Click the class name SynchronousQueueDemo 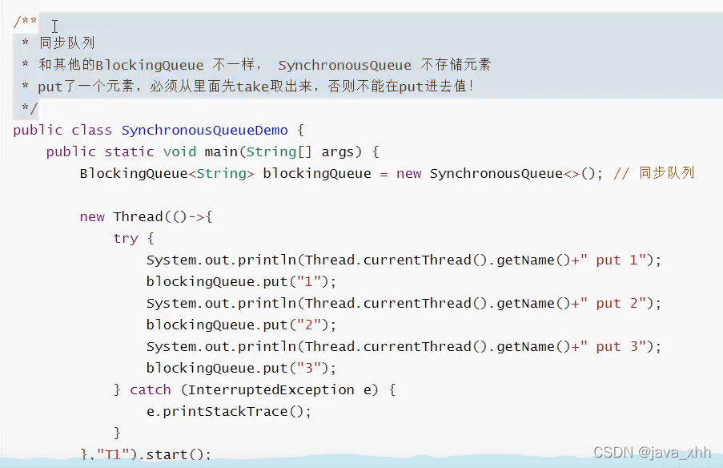pyautogui.click(x=204, y=130)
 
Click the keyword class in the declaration pyautogui.click(x=92, y=130)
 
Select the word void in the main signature pyautogui.click(x=179, y=151)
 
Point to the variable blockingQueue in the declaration pyautogui.click(x=317, y=173)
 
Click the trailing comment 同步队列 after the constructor pyautogui.click(x=666, y=173)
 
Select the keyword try pyautogui.click(x=126, y=238)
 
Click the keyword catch pyautogui.click(x=151, y=389)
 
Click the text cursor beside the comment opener pyautogui.click(x=54, y=26)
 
